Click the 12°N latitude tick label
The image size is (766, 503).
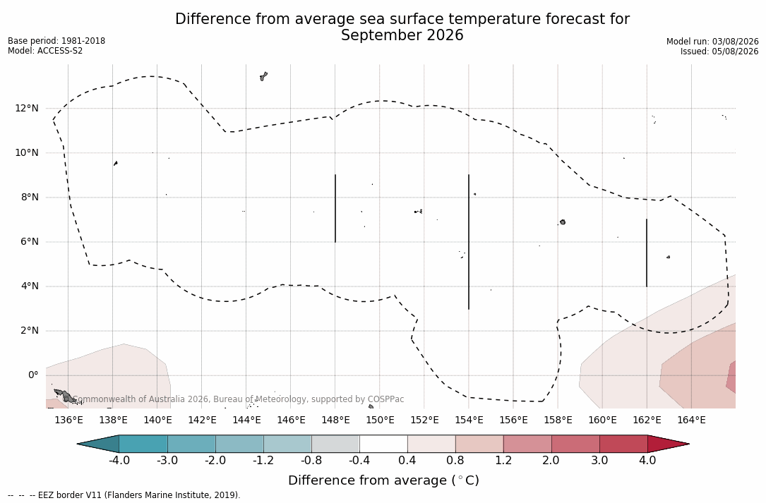click(x=26, y=108)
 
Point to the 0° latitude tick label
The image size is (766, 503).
click(x=32, y=375)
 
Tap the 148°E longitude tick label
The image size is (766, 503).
click(x=335, y=420)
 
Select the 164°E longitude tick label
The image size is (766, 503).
click(x=691, y=420)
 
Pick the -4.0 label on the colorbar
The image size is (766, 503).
click(x=119, y=461)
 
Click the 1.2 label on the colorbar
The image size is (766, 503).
click(x=503, y=461)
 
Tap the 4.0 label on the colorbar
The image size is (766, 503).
click(x=647, y=461)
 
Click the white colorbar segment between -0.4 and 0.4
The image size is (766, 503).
click(x=383, y=444)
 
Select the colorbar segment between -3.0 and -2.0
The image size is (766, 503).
click(x=191, y=444)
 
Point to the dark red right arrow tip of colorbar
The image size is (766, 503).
click(x=689, y=444)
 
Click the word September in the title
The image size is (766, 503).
click(x=382, y=36)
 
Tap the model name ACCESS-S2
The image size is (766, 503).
click(x=60, y=51)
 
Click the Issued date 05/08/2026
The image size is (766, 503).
click(x=734, y=51)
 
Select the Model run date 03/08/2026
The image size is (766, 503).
click(x=735, y=42)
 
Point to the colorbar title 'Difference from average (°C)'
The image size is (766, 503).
click(x=383, y=480)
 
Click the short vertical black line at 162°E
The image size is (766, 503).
click(x=647, y=253)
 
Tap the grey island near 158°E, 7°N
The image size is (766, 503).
click(x=563, y=222)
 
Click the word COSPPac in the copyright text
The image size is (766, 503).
click(x=386, y=399)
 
